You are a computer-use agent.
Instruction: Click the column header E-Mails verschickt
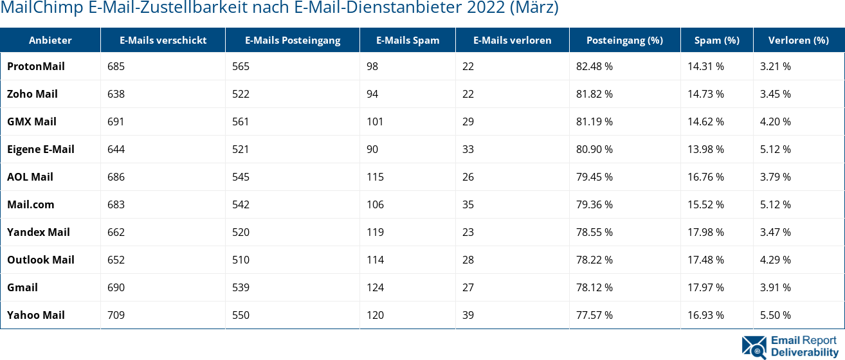[163, 40]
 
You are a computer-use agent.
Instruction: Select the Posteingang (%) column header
[624, 40]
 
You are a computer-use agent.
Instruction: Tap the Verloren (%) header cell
[798, 40]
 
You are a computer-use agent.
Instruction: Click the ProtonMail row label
[36, 66]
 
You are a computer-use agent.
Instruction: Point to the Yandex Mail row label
[39, 232]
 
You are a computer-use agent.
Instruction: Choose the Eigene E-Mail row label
[41, 149]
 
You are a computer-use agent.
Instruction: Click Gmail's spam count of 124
[375, 287]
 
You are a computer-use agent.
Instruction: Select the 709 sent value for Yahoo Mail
[116, 315]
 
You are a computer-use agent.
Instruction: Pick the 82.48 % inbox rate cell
[594, 66]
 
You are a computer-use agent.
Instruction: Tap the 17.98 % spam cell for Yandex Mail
[705, 232]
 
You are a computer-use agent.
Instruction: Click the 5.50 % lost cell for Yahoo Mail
[775, 315]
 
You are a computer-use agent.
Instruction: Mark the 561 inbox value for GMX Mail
[241, 122]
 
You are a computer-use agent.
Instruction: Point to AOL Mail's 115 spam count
[375, 177]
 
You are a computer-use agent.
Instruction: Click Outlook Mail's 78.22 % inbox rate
[594, 260]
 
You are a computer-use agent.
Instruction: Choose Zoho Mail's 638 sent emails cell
[116, 94]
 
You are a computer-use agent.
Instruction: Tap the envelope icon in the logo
[754, 346]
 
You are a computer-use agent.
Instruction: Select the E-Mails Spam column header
[408, 40]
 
